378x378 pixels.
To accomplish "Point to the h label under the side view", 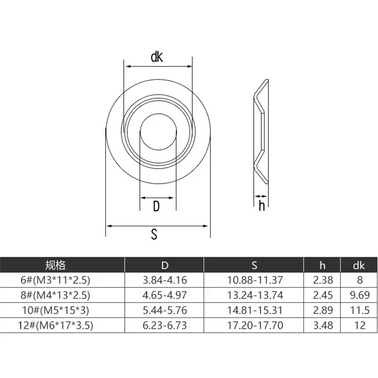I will point(261,206).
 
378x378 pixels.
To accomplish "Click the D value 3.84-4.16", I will point(164,280).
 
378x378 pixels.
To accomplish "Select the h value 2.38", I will point(323,280).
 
